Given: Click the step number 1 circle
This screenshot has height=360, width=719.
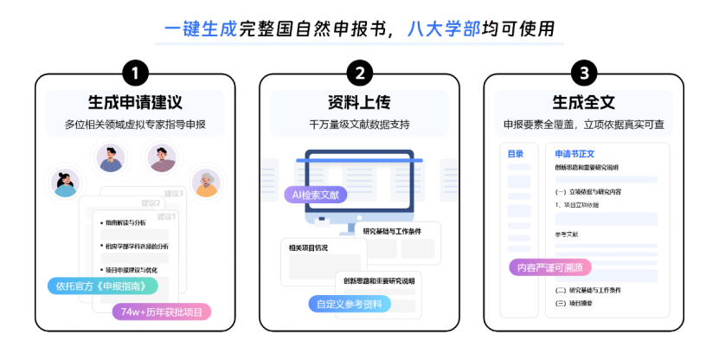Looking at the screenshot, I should click(x=135, y=72).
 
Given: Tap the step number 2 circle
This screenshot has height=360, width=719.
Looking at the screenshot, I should click(x=359, y=72).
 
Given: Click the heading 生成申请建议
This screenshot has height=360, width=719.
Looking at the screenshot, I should click(x=135, y=101).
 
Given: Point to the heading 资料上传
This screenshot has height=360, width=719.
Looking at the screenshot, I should click(x=359, y=101).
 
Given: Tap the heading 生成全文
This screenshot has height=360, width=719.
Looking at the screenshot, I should click(x=586, y=101).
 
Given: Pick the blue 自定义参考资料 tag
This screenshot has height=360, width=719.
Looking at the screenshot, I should click(x=350, y=304).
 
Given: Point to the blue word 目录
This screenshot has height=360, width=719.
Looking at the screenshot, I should click(x=516, y=154).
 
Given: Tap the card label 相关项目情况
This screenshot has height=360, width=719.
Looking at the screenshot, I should click(x=309, y=248).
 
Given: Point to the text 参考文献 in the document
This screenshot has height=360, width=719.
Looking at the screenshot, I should click(x=567, y=235).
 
